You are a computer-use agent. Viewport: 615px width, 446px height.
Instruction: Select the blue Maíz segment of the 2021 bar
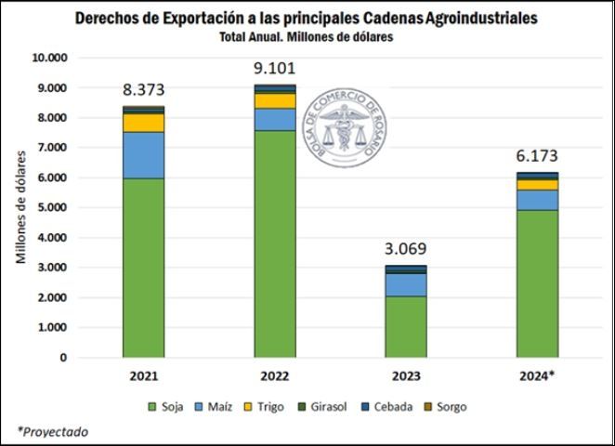click(143, 155)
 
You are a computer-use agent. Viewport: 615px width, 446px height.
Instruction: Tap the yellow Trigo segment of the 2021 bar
click(143, 123)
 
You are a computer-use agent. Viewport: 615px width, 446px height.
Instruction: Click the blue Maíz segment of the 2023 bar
click(406, 284)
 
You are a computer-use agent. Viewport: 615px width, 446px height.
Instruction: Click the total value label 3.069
click(406, 248)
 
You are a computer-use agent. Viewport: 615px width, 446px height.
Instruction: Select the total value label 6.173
click(537, 156)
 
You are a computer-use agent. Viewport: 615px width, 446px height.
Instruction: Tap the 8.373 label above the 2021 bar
click(143, 89)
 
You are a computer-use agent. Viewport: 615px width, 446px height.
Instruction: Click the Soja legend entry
click(166, 407)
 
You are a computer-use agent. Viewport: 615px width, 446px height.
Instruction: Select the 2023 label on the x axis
click(406, 376)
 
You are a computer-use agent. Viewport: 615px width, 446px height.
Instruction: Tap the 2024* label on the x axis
click(537, 376)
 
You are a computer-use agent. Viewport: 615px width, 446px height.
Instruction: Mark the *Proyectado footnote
click(53, 431)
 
